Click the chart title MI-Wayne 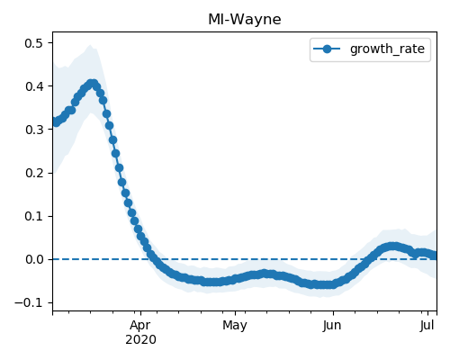(245, 20)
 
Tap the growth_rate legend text (387, 49)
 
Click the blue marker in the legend (327, 49)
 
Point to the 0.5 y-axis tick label (34, 43)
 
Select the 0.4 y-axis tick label (34, 86)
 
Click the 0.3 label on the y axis (34, 130)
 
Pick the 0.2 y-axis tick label (34, 173)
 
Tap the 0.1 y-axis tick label (34, 216)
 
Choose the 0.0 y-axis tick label (34, 259)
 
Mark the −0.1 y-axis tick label (29, 302)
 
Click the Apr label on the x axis (140, 326)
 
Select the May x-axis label (235, 326)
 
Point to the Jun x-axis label (332, 326)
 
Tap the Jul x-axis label (427, 326)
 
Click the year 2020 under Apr (140, 340)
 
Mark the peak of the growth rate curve (93, 84)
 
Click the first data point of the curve (55, 121)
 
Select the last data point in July (435, 256)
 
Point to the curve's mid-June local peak (391, 247)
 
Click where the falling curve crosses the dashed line (152, 259)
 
